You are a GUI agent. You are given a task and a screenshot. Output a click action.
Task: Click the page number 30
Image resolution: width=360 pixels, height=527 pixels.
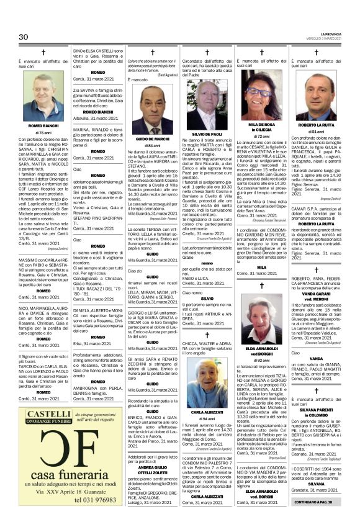point(24,37)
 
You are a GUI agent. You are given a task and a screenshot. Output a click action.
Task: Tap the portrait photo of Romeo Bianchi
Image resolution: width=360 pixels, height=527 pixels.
point(43,96)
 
